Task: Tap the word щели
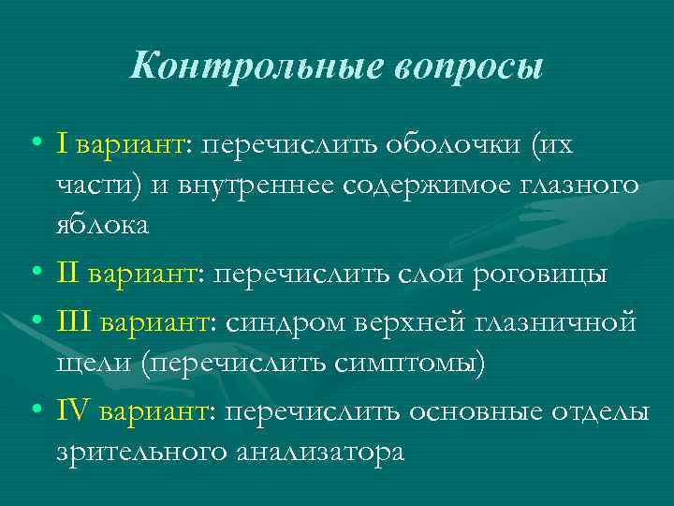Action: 93,362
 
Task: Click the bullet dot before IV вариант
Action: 35,409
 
